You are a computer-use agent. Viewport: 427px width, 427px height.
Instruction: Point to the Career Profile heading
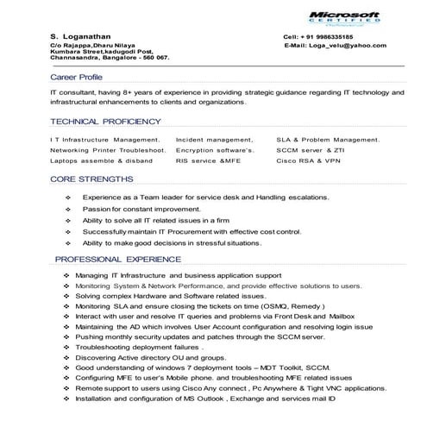[x=76, y=77]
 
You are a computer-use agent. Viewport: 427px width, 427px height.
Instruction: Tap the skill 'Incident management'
[x=214, y=139]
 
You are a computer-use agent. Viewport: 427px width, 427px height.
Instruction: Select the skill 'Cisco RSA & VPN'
[x=308, y=160]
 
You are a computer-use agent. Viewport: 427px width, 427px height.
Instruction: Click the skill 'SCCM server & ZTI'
[x=311, y=149]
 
